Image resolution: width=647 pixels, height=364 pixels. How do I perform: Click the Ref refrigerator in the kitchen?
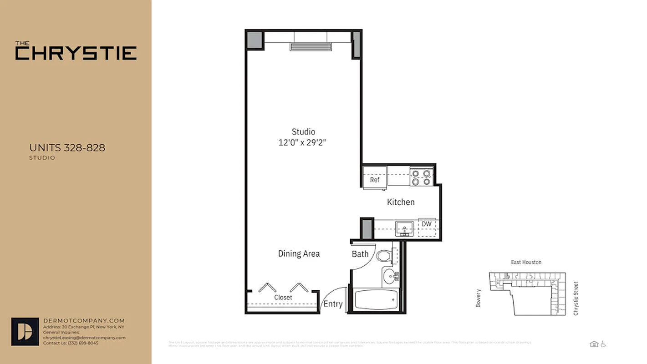(x=375, y=177)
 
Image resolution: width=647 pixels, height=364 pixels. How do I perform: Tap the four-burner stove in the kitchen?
(x=421, y=177)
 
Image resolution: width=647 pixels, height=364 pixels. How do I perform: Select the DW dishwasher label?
(x=426, y=224)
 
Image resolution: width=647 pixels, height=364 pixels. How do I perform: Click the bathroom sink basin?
(x=390, y=276)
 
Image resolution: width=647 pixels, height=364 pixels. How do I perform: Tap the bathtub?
(x=376, y=300)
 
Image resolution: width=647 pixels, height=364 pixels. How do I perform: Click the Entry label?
(x=333, y=304)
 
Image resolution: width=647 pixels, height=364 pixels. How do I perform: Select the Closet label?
(x=283, y=298)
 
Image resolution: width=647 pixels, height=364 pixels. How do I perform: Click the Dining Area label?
(x=299, y=254)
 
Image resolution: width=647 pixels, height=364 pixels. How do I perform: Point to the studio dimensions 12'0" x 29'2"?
(x=303, y=142)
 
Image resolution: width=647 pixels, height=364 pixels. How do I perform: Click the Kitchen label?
(x=401, y=202)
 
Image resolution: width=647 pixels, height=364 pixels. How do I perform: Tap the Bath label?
(x=360, y=254)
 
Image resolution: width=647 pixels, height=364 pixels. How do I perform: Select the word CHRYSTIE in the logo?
(x=76, y=53)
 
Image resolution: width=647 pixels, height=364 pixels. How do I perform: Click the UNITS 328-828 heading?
(x=67, y=148)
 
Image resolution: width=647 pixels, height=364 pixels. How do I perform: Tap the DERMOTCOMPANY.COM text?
(x=84, y=321)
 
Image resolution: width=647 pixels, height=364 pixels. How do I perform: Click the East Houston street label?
(x=526, y=262)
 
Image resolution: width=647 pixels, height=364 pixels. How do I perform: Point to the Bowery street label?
(x=478, y=298)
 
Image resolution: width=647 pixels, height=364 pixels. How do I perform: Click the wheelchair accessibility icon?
(x=603, y=344)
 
